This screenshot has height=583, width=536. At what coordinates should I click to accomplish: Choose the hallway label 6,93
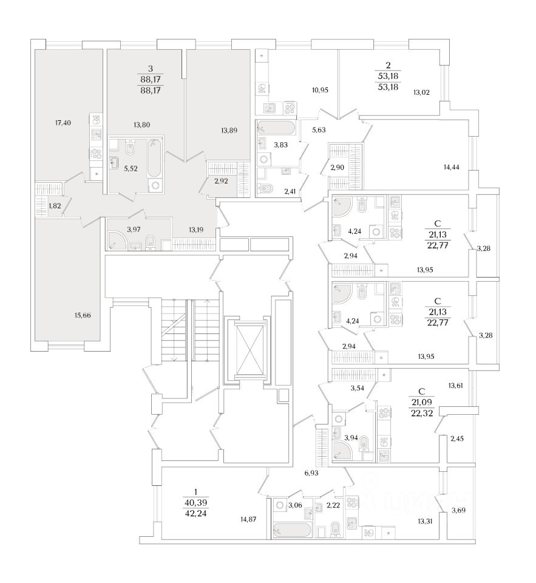click(311, 471)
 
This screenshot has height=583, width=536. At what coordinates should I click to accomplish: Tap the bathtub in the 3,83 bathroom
click(277, 128)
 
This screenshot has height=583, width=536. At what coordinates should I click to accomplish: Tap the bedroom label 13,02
click(421, 93)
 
